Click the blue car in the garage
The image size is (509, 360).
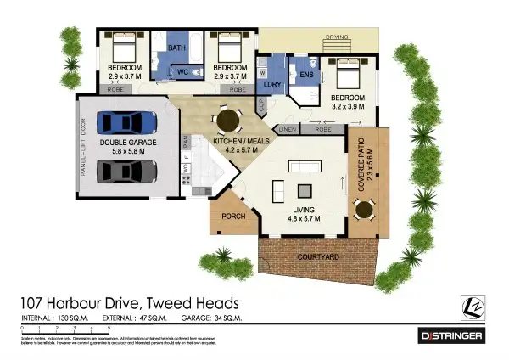pos(129,122)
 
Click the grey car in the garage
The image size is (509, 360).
pos(129,172)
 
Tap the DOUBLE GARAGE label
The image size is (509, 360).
pos(128,143)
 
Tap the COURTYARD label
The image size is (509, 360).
pos(318,256)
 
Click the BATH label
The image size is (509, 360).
pos(176,48)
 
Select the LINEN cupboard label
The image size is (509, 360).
pos(287,130)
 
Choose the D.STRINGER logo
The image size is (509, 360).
pos(452,336)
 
